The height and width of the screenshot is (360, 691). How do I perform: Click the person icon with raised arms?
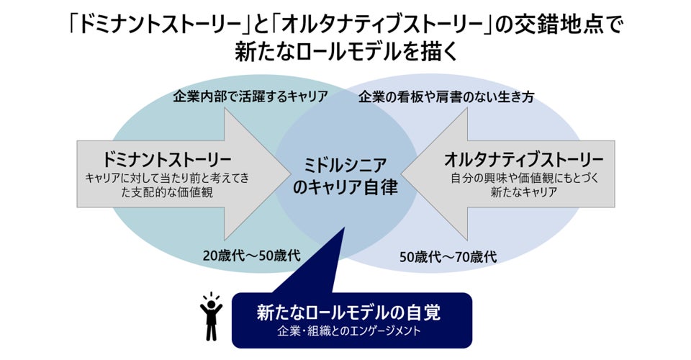(211, 318)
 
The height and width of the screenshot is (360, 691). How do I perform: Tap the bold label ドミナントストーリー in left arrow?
(167, 158)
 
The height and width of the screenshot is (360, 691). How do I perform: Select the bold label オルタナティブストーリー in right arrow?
(524, 158)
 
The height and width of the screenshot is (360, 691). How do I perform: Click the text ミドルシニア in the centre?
(344, 165)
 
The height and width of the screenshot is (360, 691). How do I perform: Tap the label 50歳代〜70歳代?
(448, 256)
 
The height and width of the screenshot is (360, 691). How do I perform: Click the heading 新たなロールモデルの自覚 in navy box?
(348, 312)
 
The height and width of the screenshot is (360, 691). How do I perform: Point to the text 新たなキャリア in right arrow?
(523, 192)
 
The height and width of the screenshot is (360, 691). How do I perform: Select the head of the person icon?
(211, 306)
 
